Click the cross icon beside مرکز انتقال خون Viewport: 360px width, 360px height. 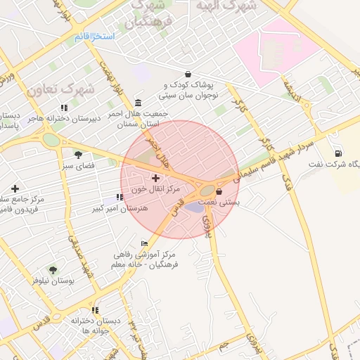pyautogui.click(x=155, y=179)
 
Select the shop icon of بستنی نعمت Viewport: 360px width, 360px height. pyautogui.click(x=219, y=191)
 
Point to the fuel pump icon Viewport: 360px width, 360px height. pyautogui.click(x=340, y=154)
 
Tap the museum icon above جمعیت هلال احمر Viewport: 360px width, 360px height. pyautogui.click(x=137, y=102)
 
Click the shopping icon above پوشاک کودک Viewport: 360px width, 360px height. pyautogui.click(x=188, y=74)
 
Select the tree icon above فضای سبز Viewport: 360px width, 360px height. pyautogui.click(x=77, y=155)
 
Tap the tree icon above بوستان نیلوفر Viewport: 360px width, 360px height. pyautogui.click(x=53, y=269)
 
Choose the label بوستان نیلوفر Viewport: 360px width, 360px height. pyautogui.click(x=53, y=280)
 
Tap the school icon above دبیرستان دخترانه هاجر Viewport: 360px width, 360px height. pyautogui.click(x=64, y=108)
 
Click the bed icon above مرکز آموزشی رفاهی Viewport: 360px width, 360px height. pyautogui.click(x=144, y=243)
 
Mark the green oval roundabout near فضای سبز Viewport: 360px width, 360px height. pyautogui.click(x=51, y=139)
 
